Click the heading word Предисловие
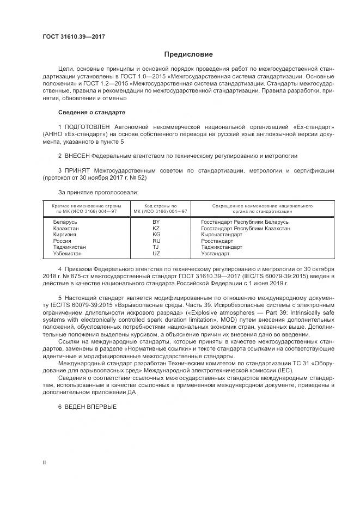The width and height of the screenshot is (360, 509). pyautogui.click(x=188, y=54)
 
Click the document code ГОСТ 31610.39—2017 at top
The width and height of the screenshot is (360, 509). pyautogui.click(x=74, y=37)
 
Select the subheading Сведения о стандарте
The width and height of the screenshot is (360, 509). pyautogui.click(x=91, y=112)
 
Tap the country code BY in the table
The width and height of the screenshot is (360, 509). pyautogui.click(x=156, y=222)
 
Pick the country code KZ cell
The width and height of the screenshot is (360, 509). pyautogui.click(x=156, y=228)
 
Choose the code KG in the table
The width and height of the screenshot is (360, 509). pyautogui.click(x=156, y=235)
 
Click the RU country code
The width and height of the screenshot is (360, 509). pyautogui.click(x=156, y=241)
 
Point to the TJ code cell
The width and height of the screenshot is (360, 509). pyautogui.click(x=156, y=247)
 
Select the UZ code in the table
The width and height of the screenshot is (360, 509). pyautogui.click(x=156, y=254)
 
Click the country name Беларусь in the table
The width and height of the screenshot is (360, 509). pyautogui.click(x=65, y=222)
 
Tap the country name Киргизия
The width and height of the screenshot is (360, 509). pyautogui.click(x=65, y=235)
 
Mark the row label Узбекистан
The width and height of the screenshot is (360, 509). pyautogui.click(x=67, y=254)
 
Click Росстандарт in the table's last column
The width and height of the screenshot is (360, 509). pyautogui.click(x=217, y=241)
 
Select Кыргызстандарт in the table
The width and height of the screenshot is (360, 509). pyautogui.click(x=221, y=235)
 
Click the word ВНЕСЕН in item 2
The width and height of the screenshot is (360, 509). pyautogui.click(x=78, y=155)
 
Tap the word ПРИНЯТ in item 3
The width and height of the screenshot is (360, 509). pyautogui.click(x=77, y=170)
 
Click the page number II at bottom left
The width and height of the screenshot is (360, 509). pyautogui.click(x=44, y=462)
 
